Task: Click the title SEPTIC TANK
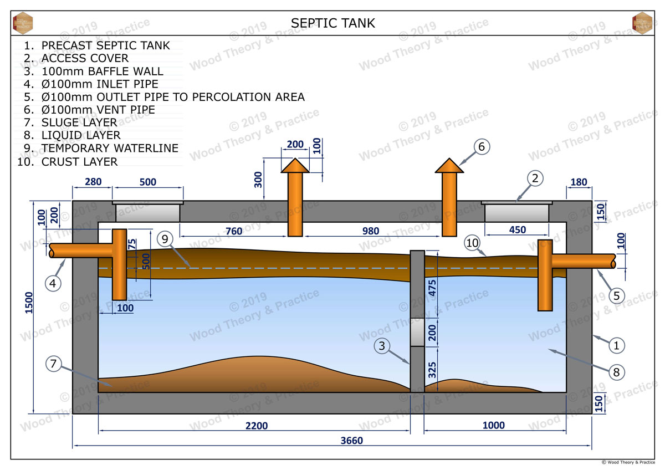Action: (x=333, y=23)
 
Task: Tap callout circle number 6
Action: (x=482, y=147)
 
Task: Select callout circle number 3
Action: (x=382, y=346)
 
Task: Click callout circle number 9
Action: (x=165, y=239)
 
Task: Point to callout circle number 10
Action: (x=472, y=243)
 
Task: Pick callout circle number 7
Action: (x=53, y=364)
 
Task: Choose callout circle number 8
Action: (x=617, y=372)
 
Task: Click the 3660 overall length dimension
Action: (x=351, y=441)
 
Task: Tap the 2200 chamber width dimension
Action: (x=257, y=426)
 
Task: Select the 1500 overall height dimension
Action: (x=29, y=303)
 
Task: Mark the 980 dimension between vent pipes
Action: (x=371, y=231)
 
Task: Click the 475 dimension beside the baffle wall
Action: (x=432, y=288)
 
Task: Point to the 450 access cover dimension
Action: (x=518, y=230)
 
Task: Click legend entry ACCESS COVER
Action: (x=85, y=58)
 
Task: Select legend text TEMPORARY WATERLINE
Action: (x=110, y=148)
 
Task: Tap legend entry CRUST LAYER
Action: (x=80, y=162)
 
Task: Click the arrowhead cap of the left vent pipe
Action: (x=295, y=165)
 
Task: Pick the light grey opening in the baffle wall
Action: (x=417, y=332)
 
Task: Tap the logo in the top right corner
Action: (x=642, y=23)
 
